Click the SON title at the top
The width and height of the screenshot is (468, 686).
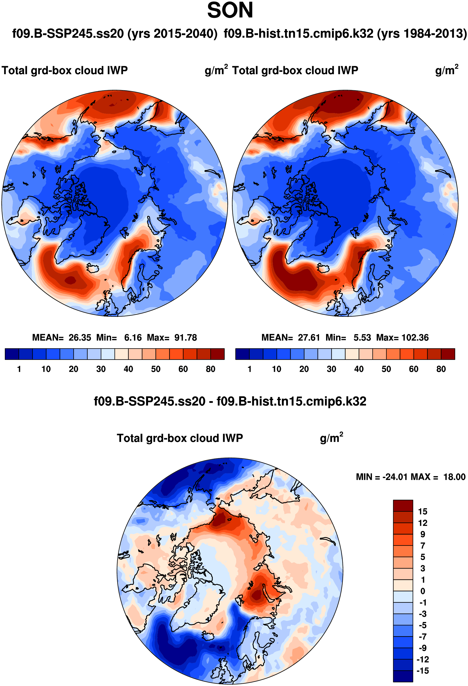click(x=230, y=11)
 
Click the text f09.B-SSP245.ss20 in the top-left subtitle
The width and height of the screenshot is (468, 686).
click(x=68, y=34)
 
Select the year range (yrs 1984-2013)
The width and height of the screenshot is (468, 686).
click(x=422, y=34)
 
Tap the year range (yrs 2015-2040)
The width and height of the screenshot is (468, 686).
click(x=172, y=34)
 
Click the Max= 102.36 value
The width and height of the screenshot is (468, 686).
click(x=402, y=337)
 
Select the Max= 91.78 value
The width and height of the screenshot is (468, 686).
click(x=172, y=337)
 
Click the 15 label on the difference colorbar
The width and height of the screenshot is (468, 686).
click(x=422, y=511)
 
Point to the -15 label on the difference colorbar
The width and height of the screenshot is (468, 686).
click(x=422, y=671)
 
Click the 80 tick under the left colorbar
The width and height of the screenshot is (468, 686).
click(x=210, y=369)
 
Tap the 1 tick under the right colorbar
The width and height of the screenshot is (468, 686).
click(x=250, y=369)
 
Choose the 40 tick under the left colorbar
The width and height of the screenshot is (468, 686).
click(x=128, y=369)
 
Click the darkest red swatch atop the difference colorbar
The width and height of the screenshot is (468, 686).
click(x=403, y=505)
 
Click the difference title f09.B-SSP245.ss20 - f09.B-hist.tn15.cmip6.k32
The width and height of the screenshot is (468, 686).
click(x=230, y=402)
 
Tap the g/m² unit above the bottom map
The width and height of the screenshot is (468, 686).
click(x=331, y=438)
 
